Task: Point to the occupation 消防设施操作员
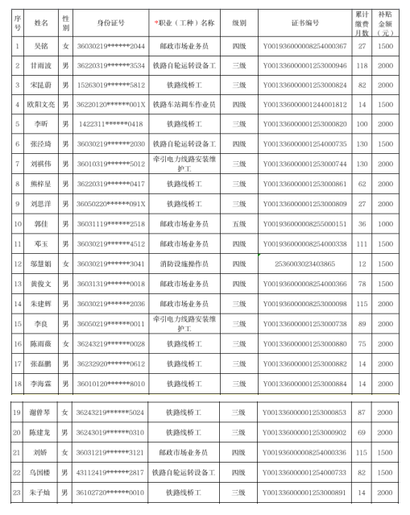(184, 264)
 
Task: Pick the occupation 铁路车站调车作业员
(184, 105)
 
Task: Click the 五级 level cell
(238, 223)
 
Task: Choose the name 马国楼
(41, 472)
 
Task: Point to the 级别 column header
(238, 23)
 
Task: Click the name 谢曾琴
(41, 413)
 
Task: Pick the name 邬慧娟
(41, 264)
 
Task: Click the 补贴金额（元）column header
(385, 23)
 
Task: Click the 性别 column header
(65, 23)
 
